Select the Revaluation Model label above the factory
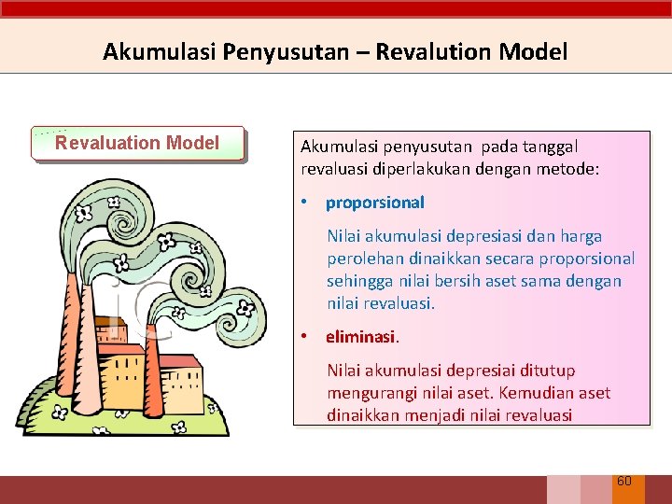point(137,143)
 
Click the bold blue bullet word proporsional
point(374,203)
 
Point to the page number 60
point(624,481)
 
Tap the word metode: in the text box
point(568,169)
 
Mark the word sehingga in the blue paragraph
point(353,282)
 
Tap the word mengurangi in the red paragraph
point(369,394)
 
